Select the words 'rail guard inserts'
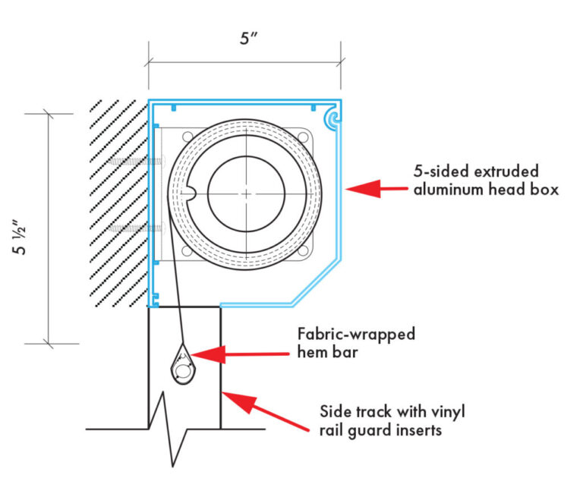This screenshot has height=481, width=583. click(x=380, y=430)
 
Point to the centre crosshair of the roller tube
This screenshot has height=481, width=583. click(x=247, y=194)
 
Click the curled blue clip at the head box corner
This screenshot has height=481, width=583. click(x=331, y=118)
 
